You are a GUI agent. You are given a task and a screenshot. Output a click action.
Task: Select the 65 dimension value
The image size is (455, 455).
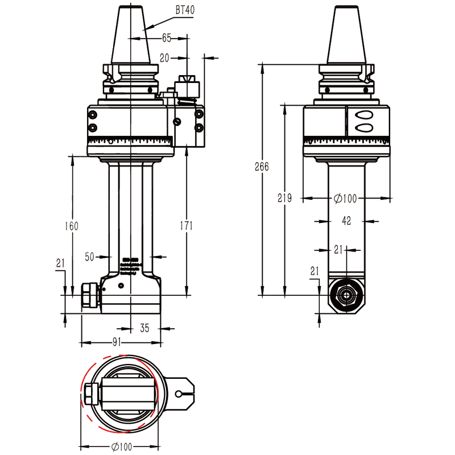pyautogui.click(x=167, y=38)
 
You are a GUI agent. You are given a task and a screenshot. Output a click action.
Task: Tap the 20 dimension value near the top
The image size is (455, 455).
pyautogui.click(x=164, y=57)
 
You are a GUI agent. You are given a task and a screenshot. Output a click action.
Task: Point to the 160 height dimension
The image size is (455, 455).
pyautogui.click(x=71, y=226)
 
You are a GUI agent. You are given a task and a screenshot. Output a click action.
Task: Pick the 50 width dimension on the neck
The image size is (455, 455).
pyautogui.click(x=89, y=257)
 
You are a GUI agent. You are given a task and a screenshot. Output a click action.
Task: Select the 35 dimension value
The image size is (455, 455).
pyautogui.click(x=144, y=328)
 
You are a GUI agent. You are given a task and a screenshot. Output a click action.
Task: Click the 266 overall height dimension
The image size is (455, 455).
pyautogui.click(x=261, y=167)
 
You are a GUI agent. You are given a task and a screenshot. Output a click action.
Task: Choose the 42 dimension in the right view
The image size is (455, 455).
pyautogui.click(x=346, y=220)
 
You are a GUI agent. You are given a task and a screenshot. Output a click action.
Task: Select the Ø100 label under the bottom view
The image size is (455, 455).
pyautogui.click(x=121, y=446)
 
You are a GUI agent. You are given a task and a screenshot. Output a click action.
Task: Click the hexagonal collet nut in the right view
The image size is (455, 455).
pyautogui.click(x=345, y=295)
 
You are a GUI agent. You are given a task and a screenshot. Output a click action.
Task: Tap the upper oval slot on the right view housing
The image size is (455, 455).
pyautogui.click(x=362, y=115)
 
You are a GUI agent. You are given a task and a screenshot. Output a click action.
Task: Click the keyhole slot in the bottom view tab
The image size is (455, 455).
pyautogui.click(x=182, y=393)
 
